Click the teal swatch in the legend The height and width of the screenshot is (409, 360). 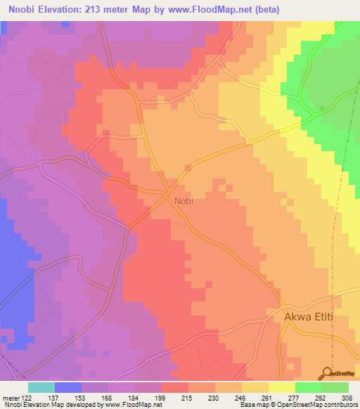41,387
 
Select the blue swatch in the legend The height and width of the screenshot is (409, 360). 68,387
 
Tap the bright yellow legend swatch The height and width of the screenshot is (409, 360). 282,387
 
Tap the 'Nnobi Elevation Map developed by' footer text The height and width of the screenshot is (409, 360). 51,405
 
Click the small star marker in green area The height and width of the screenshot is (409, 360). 322,108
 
